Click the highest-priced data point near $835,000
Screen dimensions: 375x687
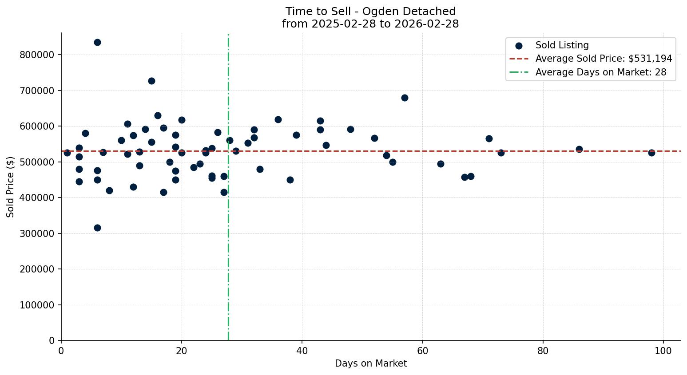pos(97,43)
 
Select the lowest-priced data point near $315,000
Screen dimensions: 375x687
pos(97,228)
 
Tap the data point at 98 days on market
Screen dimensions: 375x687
pos(651,153)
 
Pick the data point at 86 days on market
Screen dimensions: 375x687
pos(579,149)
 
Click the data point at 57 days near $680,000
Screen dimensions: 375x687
pos(405,98)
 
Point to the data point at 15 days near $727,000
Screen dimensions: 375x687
pos(151,81)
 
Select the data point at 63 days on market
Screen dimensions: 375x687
pos(441,164)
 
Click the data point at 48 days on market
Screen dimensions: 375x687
pos(350,129)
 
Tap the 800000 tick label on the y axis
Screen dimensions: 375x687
pos(37,55)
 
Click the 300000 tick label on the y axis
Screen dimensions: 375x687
pos(37,233)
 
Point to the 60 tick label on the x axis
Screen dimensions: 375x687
pos(422,351)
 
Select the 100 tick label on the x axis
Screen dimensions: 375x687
pos(663,351)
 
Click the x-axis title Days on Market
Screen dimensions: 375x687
pos(371,363)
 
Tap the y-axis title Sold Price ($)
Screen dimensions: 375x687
pos(10,187)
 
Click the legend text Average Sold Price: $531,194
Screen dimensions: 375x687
pos(604,59)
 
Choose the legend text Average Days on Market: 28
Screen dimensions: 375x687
pos(600,72)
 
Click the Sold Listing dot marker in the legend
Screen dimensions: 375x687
pos(519,45)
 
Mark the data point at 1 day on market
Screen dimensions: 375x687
pos(67,153)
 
